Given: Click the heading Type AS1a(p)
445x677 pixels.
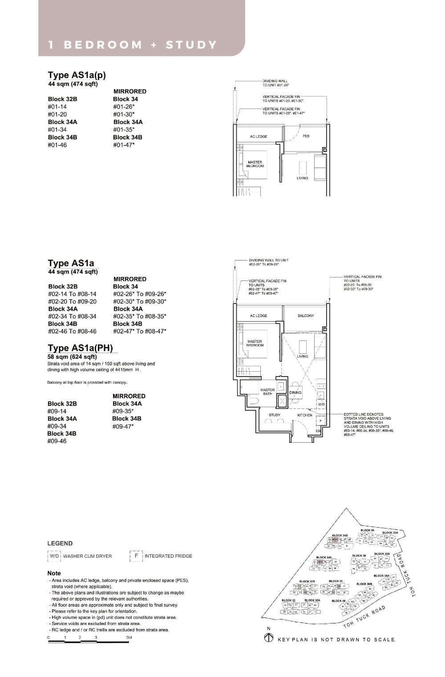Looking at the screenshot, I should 77,75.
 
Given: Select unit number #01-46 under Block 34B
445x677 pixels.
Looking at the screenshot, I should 57,145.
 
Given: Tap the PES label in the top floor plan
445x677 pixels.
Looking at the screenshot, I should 306,136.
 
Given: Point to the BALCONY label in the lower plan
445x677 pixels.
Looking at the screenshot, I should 306,316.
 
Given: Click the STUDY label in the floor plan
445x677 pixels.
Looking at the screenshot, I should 275,415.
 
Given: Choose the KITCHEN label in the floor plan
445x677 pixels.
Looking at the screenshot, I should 305,415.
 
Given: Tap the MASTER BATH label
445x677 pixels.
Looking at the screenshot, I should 267,392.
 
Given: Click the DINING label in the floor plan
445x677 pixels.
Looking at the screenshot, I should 295,393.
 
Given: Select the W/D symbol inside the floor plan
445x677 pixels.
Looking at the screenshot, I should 321,404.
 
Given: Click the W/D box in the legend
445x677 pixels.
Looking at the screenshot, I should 54,556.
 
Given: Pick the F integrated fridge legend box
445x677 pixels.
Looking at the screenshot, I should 136,556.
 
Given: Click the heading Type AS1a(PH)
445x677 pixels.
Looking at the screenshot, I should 81,348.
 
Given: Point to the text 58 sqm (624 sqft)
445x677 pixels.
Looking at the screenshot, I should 72,357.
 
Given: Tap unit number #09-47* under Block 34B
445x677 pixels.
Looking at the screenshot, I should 123,426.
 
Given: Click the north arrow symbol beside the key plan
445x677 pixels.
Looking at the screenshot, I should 268,638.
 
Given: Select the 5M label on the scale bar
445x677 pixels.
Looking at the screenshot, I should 129,637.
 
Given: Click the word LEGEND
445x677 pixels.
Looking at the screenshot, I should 60,543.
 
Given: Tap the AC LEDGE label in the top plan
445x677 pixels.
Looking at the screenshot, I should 259,136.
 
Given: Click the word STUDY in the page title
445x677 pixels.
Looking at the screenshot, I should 191,45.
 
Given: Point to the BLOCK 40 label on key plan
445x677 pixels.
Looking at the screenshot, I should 339,601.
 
